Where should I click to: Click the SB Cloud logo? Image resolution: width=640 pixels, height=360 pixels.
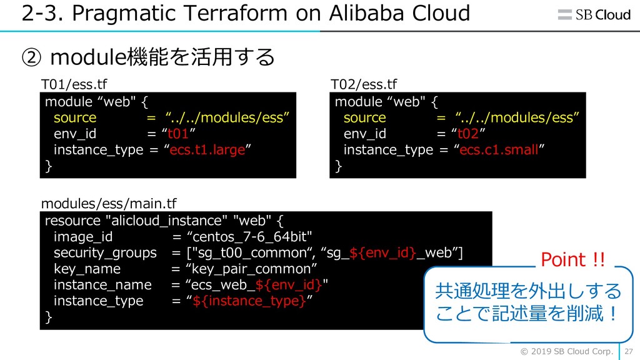[x=594, y=15]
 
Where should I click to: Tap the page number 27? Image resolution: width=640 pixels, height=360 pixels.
[x=629, y=351]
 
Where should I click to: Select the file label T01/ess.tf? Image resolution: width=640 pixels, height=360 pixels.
[x=74, y=84]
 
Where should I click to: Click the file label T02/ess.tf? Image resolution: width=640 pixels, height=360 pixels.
[x=364, y=84]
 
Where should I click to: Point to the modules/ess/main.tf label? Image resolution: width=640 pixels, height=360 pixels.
[x=109, y=203]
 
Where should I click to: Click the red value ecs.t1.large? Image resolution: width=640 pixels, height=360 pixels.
[x=207, y=150]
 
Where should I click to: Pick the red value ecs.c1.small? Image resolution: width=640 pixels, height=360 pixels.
[x=499, y=150]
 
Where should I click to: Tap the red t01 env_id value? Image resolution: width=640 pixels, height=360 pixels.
[x=178, y=134]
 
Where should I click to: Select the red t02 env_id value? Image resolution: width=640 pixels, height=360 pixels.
[x=467, y=134]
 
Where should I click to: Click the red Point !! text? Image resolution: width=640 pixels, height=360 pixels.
[x=573, y=259]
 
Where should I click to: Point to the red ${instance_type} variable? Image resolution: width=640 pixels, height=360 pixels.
[x=249, y=301]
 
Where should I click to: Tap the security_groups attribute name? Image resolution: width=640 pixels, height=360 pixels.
[x=105, y=253]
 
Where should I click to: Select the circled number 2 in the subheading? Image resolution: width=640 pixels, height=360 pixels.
[x=31, y=57]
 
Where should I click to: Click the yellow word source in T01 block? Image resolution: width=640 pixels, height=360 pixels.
[x=75, y=117]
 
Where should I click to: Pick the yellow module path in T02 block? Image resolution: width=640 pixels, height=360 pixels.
[x=517, y=117]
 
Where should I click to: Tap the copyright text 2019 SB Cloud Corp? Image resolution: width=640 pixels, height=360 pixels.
[x=567, y=351]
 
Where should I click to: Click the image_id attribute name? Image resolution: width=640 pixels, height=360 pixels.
[x=83, y=237]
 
